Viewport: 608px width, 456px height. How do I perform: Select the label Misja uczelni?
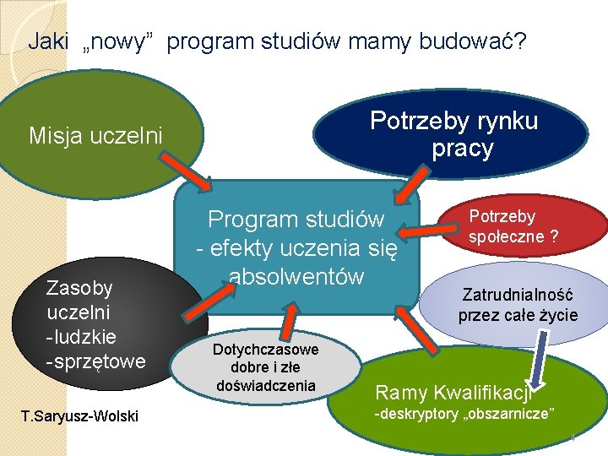pyautogui.click(x=95, y=135)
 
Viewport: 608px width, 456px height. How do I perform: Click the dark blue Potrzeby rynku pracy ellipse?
pyautogui.click(x=453, y=135)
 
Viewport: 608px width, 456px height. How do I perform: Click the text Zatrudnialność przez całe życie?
pyautogui.click(x=518, y=305)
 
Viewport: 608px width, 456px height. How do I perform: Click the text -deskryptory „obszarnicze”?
pyautogui.click(x=464, y=414)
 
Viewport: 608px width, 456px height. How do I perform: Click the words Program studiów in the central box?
pyautogui.click(x=296, y=220)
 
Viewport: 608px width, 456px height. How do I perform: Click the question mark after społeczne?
pyautogui.click(x=553, y=237)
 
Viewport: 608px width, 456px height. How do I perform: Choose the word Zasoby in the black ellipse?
pyautogui.click(x=79, y=288)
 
